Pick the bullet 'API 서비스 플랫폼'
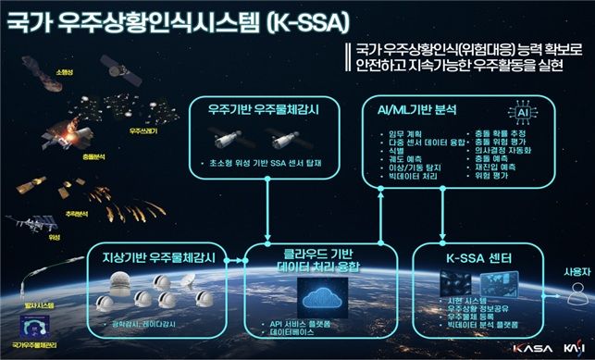point(301,324)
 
